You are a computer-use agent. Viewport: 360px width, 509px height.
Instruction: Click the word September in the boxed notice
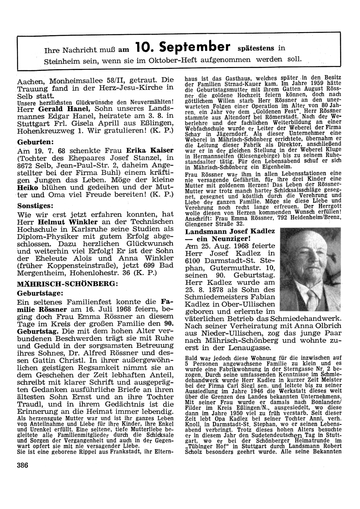coord(195,46)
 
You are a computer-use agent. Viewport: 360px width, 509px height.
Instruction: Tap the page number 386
coord(22,465)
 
